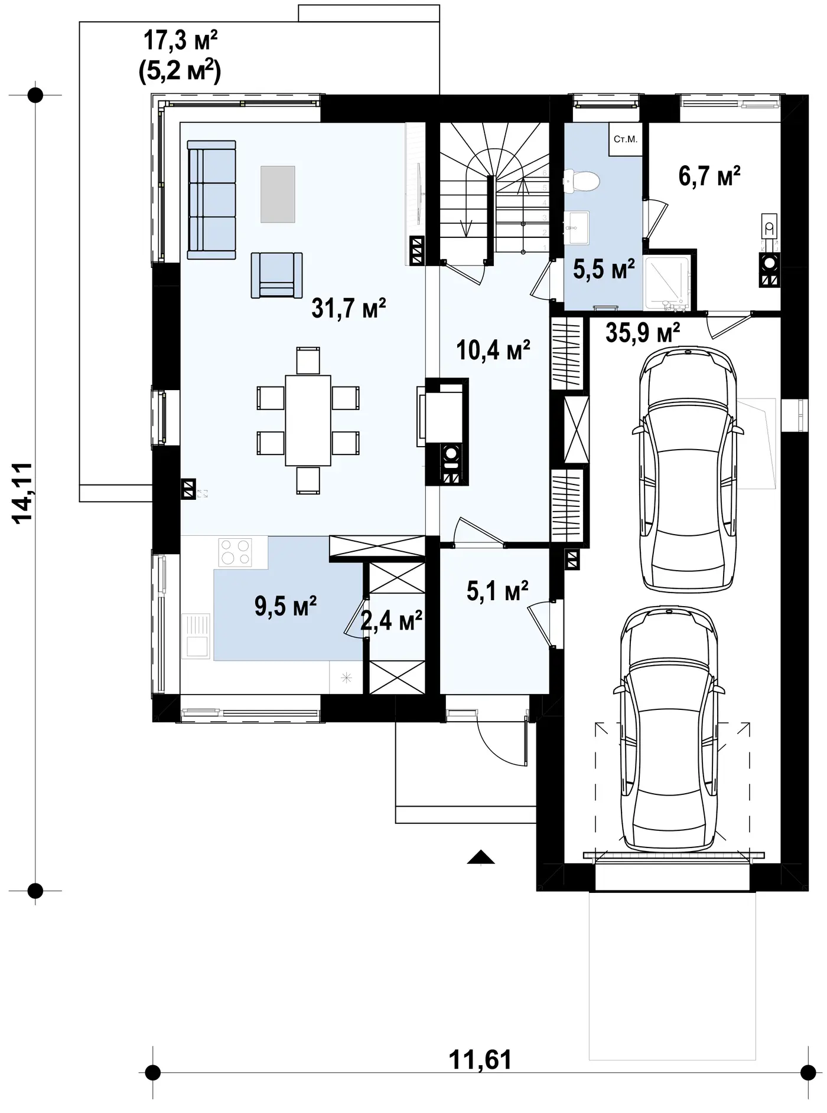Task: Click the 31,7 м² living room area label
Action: click(x=349, y=308)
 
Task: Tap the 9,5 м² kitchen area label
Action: click(x=286, y=606)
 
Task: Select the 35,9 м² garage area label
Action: click(x=643, y=333)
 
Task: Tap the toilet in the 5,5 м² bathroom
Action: click(x=581, y=182)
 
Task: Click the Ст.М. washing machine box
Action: click(x=626, y=140)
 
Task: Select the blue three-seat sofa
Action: click(x=211, y=199)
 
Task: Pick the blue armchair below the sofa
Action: click(x=276, y=275)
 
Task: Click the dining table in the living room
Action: click(x=308, y=420)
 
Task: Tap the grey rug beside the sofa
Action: click(x=278, y=194)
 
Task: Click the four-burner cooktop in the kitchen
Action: click(x=235, y=552)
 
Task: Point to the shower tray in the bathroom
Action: click(x=667, y=283)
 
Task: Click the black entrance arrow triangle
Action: click(x=480, y=857)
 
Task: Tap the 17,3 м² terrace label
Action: click(x=180, y=41)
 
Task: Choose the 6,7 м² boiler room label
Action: click(x=709, y=176)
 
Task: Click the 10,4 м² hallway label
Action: click(x=493, y=351)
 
